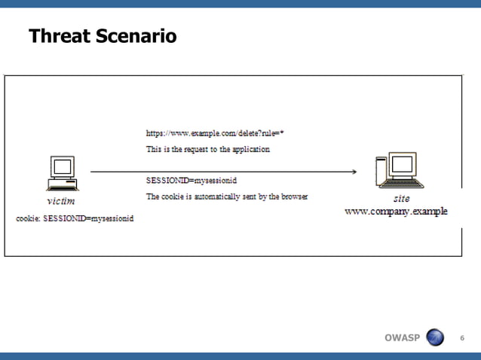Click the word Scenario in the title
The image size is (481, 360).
click(135, 35)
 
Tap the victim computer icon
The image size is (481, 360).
click(61, 174)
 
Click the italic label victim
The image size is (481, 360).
click(60, 201)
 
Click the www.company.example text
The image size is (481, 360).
click(396, 212)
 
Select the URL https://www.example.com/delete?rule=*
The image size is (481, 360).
click(214, 133)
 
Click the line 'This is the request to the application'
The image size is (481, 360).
click(207, 149)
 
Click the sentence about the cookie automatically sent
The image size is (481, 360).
click(227, 197)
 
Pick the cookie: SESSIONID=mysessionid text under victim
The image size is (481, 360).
click(75, 218)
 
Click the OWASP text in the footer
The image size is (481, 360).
click(402, 337)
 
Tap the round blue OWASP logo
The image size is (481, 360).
click(436, 337)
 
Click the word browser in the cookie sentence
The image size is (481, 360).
click(293, 197)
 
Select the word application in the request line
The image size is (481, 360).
click(250, 149)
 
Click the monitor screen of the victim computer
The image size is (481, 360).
click(62, 167)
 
